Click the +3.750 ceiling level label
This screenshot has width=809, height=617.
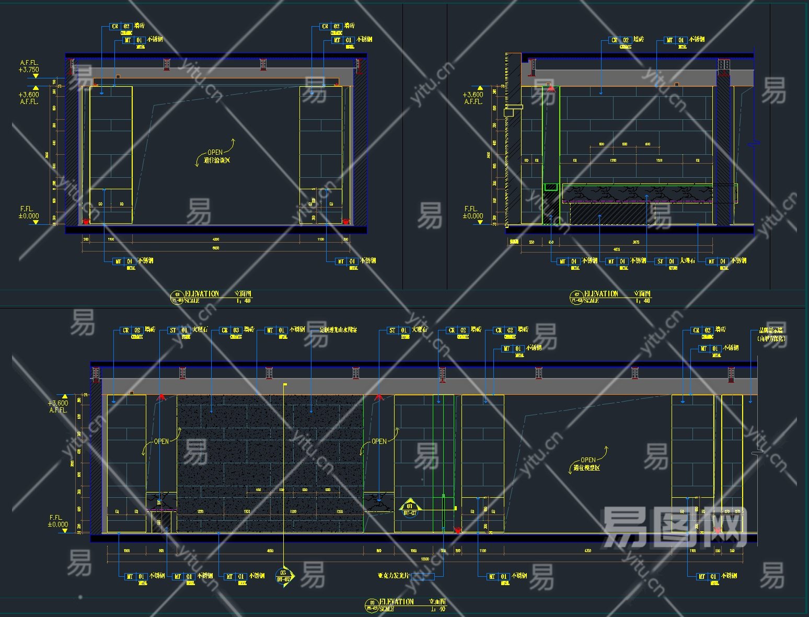(29, 70)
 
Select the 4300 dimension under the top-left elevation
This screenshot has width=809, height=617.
(216, 239)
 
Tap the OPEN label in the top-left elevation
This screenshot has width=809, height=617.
(215, 152)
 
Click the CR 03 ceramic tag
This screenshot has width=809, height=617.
(230, 330)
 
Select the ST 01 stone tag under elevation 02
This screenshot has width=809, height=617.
(666, 261)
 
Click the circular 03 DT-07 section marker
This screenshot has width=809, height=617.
(283, 576)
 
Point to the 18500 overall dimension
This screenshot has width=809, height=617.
(425, 559)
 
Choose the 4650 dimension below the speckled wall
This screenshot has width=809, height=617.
(270, 551)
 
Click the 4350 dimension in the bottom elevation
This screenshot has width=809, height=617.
(588, 551)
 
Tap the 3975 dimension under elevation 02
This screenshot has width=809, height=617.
(636, 242)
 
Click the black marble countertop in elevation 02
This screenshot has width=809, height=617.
(638, 193)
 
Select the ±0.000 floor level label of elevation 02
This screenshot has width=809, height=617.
(472, 216)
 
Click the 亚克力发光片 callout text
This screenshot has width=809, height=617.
(394, 576)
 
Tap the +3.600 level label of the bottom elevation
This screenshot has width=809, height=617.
(58, 403)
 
